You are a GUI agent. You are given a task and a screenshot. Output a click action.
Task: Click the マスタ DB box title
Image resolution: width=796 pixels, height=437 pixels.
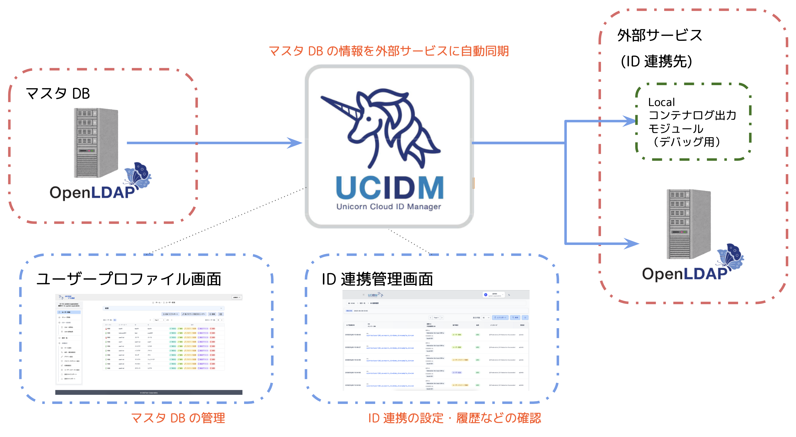[x=58, y=93]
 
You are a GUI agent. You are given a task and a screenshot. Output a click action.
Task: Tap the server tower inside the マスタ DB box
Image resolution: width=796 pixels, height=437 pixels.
[x=96, y=142]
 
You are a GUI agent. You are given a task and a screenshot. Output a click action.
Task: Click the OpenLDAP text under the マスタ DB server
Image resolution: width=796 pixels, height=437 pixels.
[x=92, y=193]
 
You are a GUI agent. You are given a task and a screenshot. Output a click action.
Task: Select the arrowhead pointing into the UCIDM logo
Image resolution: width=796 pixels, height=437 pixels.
[x=295, y=143]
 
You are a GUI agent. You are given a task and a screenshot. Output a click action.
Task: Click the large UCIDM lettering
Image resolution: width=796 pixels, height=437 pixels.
[x=390, y=188]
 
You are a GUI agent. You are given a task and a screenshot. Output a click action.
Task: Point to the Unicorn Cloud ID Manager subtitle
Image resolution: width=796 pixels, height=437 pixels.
[x=388, y=207]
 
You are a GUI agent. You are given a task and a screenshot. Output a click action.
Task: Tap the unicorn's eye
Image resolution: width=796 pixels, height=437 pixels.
[x=369, y=119]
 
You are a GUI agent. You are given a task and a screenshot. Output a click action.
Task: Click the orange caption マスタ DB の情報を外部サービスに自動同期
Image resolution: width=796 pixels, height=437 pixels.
[x=389, y=51]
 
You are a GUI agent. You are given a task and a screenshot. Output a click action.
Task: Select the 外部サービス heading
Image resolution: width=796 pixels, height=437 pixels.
[x=659, y=35]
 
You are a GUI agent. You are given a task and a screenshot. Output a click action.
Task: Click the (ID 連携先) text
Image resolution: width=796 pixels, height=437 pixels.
[x=656, y=61]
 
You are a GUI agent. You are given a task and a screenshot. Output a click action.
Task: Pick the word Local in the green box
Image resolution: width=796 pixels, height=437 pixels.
[x=661, y=102]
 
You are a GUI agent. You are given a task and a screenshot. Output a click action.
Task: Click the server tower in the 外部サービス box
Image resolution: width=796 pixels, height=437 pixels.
[x=688, y=224]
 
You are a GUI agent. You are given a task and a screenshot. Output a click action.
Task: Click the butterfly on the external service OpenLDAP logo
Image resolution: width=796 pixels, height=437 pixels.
[x=731, y=255]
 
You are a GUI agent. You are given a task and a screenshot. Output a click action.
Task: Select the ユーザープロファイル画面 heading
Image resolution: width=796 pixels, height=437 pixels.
[x=129, y=279]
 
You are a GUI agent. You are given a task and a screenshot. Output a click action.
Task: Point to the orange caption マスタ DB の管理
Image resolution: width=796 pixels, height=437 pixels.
[x=178, y=418]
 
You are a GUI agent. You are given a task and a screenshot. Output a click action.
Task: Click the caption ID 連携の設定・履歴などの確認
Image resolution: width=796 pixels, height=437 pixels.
[x=454, y=418]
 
